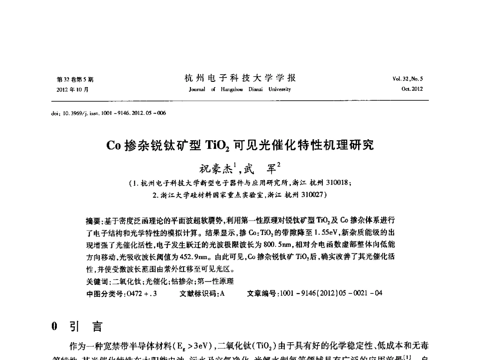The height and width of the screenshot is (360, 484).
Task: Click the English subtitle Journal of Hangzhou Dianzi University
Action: coord(240,89)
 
